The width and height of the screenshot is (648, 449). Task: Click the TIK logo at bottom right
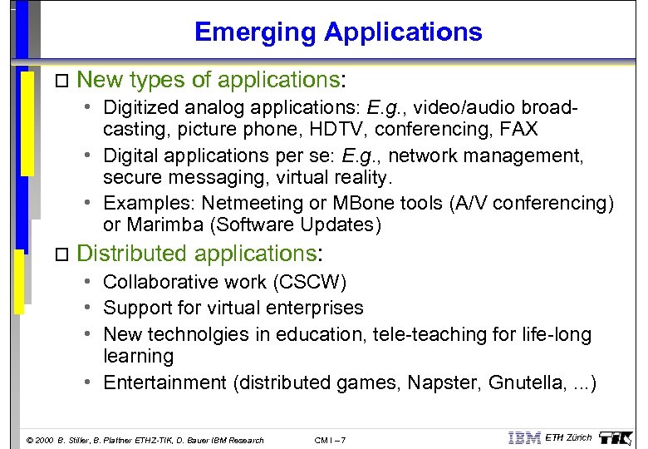click(x=616, y=437)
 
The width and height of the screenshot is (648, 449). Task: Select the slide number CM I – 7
click(x=331, y=440)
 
